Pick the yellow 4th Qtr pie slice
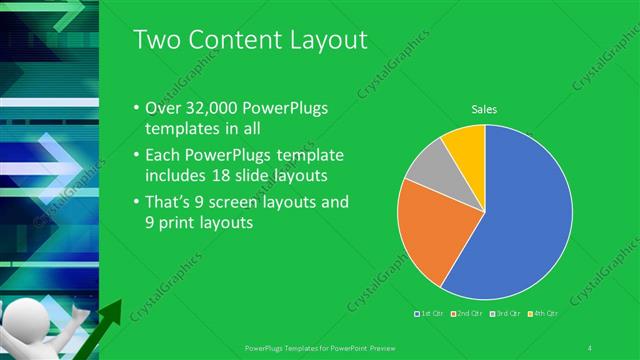(x=466, y=142)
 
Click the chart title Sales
(x=485, y=110)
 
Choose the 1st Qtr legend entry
(x=430, y=314)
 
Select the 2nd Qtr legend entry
(x=467, y=314)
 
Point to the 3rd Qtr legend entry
(x=504, y=314)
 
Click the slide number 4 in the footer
(x=591, y=347)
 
